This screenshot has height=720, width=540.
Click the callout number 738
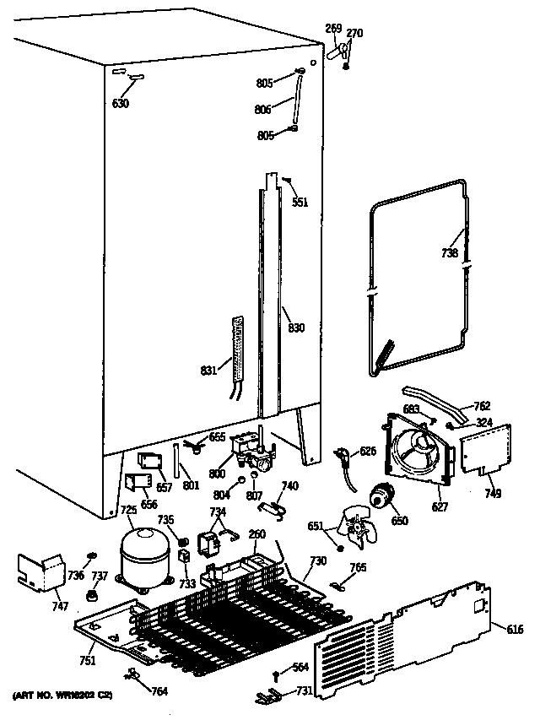point(450,253)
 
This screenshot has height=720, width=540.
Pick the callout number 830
point(295,328)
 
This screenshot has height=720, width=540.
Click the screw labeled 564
point(278,673)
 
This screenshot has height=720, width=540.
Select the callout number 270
point(354,34)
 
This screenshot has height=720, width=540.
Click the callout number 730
point(318,561)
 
